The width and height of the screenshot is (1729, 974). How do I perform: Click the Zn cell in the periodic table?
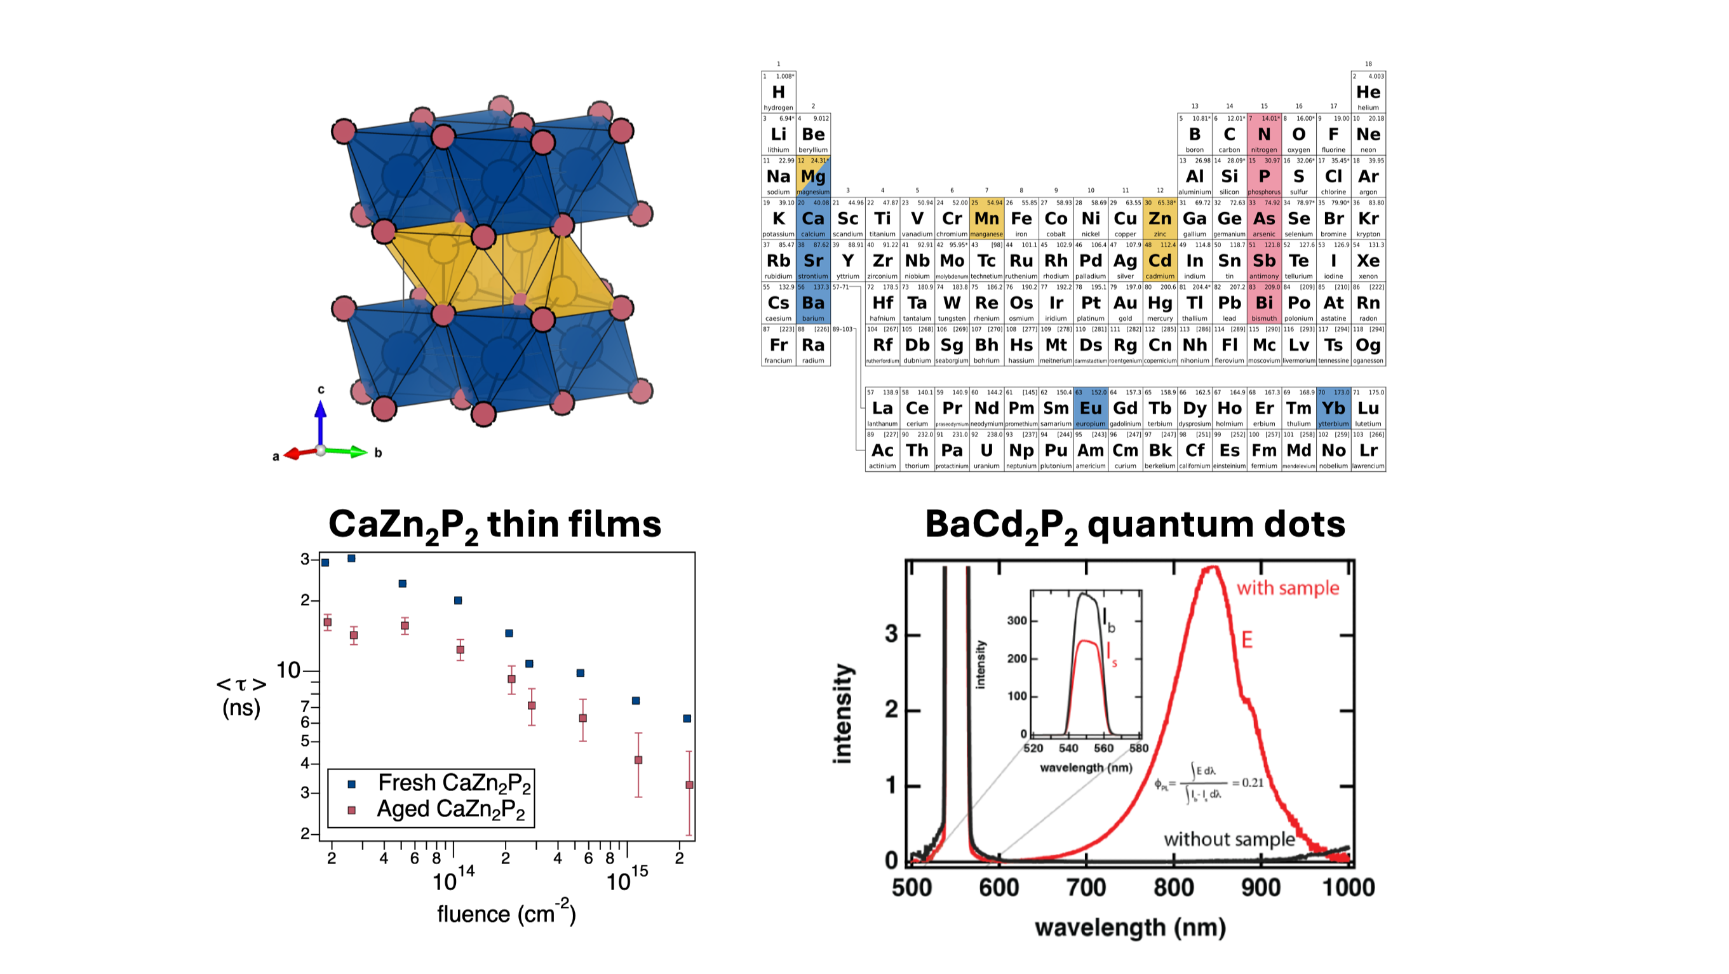[x=1159, y=219]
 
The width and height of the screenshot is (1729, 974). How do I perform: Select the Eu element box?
[x=1090, y=408]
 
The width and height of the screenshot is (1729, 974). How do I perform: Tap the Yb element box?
[x=1333, y=408]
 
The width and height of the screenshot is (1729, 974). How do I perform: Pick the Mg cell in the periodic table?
[x=813, y=177]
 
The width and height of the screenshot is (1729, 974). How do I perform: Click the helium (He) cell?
[x=1368, y=92]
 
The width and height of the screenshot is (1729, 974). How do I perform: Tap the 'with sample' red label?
[x=1288, y=588]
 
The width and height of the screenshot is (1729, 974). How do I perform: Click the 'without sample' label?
[x=1228, y=839]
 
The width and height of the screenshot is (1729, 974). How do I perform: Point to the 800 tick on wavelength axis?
[x=1173, y=888]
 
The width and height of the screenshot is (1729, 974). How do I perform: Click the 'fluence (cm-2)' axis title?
[x=506, y=913]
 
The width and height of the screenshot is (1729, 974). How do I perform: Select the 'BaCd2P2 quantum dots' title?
[x=1134, y=525]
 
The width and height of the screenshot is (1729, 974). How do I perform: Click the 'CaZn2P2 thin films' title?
[x=495, y=525]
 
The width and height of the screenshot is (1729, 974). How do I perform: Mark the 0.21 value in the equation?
[x=1252, y=783]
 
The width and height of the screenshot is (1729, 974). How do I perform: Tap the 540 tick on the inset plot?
[x=1068, y=748]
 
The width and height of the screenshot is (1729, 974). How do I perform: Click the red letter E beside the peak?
[x=1246, y=640]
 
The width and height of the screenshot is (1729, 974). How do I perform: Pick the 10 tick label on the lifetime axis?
[x=288, y=670]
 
